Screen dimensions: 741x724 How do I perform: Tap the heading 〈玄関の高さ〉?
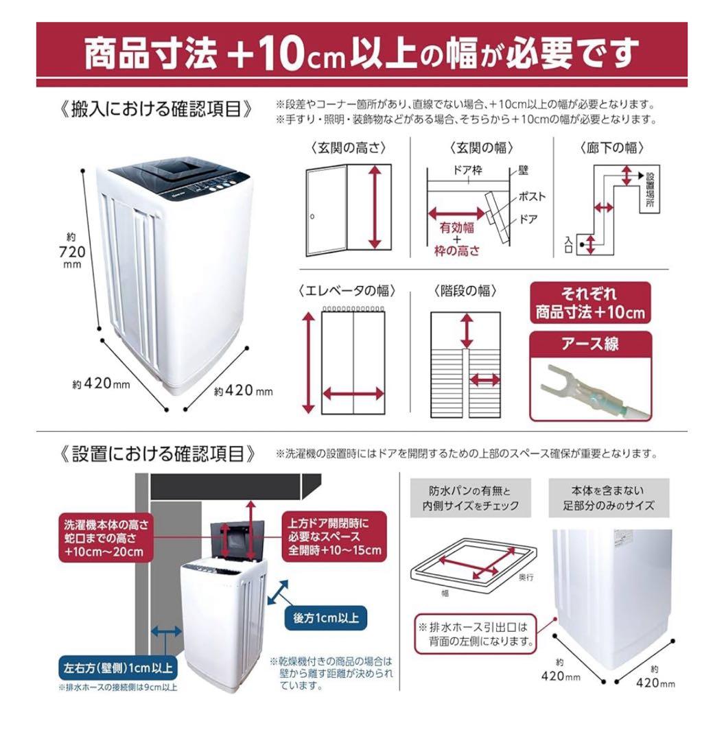349,148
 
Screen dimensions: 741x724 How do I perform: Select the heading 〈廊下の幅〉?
612,148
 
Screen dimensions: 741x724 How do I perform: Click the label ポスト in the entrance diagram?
532,197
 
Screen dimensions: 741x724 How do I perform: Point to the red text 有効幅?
456,228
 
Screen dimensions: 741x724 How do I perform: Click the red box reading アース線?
589,344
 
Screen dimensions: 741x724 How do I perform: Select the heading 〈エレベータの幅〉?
348,290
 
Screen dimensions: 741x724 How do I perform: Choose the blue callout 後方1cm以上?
325,617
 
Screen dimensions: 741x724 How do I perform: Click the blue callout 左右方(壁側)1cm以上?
118,667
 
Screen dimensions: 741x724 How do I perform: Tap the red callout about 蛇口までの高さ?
105,538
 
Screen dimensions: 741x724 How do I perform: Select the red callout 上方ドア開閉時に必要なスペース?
334,536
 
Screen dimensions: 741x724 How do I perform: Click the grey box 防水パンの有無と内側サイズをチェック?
471,499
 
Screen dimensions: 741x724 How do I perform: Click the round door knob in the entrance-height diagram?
312,217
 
